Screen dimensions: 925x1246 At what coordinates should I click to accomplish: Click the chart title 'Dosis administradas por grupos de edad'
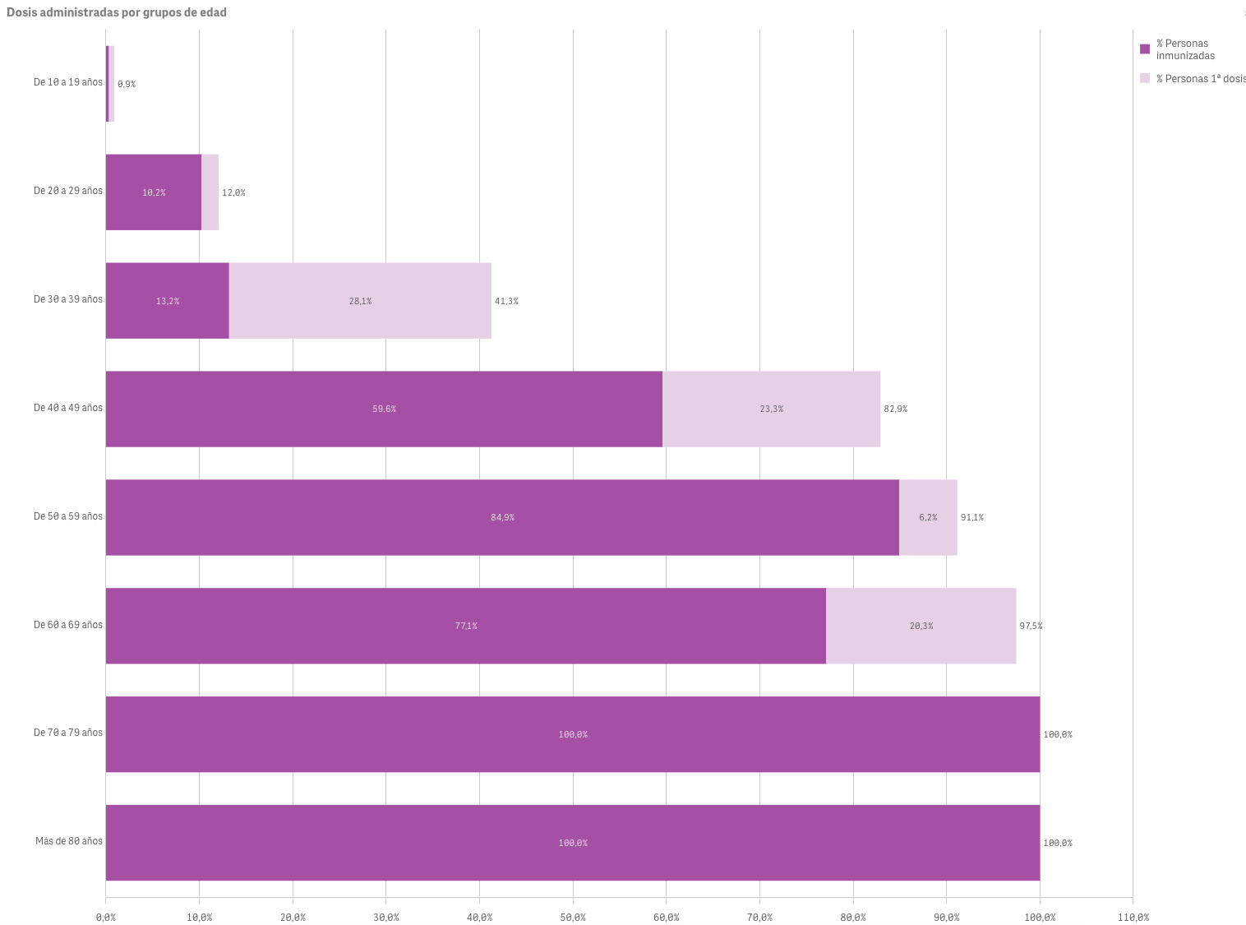[x=117, y=12]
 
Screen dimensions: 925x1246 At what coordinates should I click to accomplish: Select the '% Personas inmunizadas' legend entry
[x=1184, y=49]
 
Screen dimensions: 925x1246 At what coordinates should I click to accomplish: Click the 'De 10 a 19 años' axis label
[x=68, y=82]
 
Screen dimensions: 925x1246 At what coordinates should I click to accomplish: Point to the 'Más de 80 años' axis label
[x=69, y=841]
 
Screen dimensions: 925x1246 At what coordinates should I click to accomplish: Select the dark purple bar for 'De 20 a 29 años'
[x=154, y=192]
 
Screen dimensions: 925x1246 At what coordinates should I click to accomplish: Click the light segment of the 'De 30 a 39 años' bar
[x=360, y=301]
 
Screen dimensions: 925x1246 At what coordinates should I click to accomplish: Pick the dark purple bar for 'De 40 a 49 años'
[x=384, y=409]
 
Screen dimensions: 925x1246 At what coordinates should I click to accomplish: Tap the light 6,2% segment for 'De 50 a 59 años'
[x=928, y=517]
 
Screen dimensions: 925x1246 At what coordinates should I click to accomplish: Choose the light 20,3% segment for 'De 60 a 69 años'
[x=921, y=626]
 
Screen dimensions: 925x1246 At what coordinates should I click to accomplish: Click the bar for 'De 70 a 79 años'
[x=573, y=734]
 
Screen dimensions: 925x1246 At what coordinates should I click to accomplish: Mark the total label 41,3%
[x=506, y=302]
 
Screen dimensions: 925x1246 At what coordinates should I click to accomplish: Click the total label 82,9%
[x=896, y=409]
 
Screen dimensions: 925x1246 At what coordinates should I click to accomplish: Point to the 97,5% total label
[x=1031, y=627]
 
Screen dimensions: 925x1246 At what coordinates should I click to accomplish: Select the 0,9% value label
[x=127, y=85]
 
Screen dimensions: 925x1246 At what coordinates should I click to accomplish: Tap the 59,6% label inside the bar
[x=384, y=409]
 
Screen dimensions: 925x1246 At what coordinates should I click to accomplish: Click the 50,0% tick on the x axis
[x=573, y=918]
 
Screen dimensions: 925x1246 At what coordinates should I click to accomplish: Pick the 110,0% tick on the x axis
[x=1133, y=918]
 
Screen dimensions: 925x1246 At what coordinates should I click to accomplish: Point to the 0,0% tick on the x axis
[x=106, y=918]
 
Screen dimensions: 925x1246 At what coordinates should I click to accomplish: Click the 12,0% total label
[x=233, y=193]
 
